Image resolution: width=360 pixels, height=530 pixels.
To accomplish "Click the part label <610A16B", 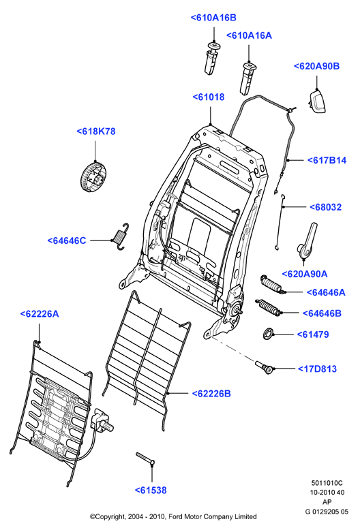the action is coord(213,18).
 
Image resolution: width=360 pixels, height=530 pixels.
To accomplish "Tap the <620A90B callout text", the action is coord(316,66).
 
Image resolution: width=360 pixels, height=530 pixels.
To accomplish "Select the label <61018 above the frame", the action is coord(209,97).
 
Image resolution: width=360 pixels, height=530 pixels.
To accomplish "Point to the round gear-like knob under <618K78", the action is coord(93,176).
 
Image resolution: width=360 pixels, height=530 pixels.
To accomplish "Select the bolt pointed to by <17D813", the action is coord(265,368).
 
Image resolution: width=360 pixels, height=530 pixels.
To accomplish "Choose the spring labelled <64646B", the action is coord(269,307).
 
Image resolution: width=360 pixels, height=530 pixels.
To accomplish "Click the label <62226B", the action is coord(211,394).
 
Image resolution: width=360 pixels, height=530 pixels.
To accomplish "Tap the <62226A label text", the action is coord(40,314).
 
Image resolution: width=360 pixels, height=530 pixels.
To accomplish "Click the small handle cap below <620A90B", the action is coord(317,102).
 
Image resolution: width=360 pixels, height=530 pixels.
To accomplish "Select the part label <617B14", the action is coord(327,160).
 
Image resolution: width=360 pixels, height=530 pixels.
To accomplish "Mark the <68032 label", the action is coord(326,207).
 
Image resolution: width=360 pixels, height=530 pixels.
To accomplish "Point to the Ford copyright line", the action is coord(173,516).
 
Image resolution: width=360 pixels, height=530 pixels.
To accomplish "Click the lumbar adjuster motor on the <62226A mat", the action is coord(102,421).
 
